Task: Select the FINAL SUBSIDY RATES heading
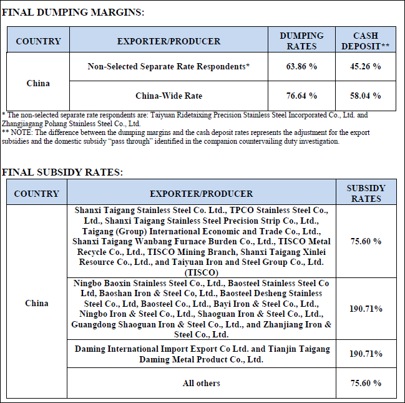click(x=62, y=171)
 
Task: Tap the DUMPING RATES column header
click(x=301, y=41)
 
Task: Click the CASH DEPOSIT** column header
click(x=366, y=41)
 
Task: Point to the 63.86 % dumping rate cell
click(x=301, y=66)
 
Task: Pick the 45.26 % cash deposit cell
click(x=366, y=66)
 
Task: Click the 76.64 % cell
click(x=301, y=96)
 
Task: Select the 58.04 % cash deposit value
click(x=366, y=96)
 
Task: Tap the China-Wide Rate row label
click(x=168, y=96)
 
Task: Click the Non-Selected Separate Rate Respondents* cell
click(x=168, y=66)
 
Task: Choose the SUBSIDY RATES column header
click(x=366, y=193)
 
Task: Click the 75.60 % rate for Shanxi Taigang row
click(x=366, y=241)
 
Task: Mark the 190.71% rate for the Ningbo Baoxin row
click(x=366, y=309)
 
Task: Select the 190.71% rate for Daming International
click(x=366, y=354)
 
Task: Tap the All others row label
click(x=201, y=383)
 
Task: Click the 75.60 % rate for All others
click(x=366, y=383)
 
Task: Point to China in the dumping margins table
click(x=38, y=83)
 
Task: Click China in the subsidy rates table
click(x=36, y=303)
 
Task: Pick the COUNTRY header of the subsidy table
click(x=36, y=194)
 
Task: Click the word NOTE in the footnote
click(x=21, y=132)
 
